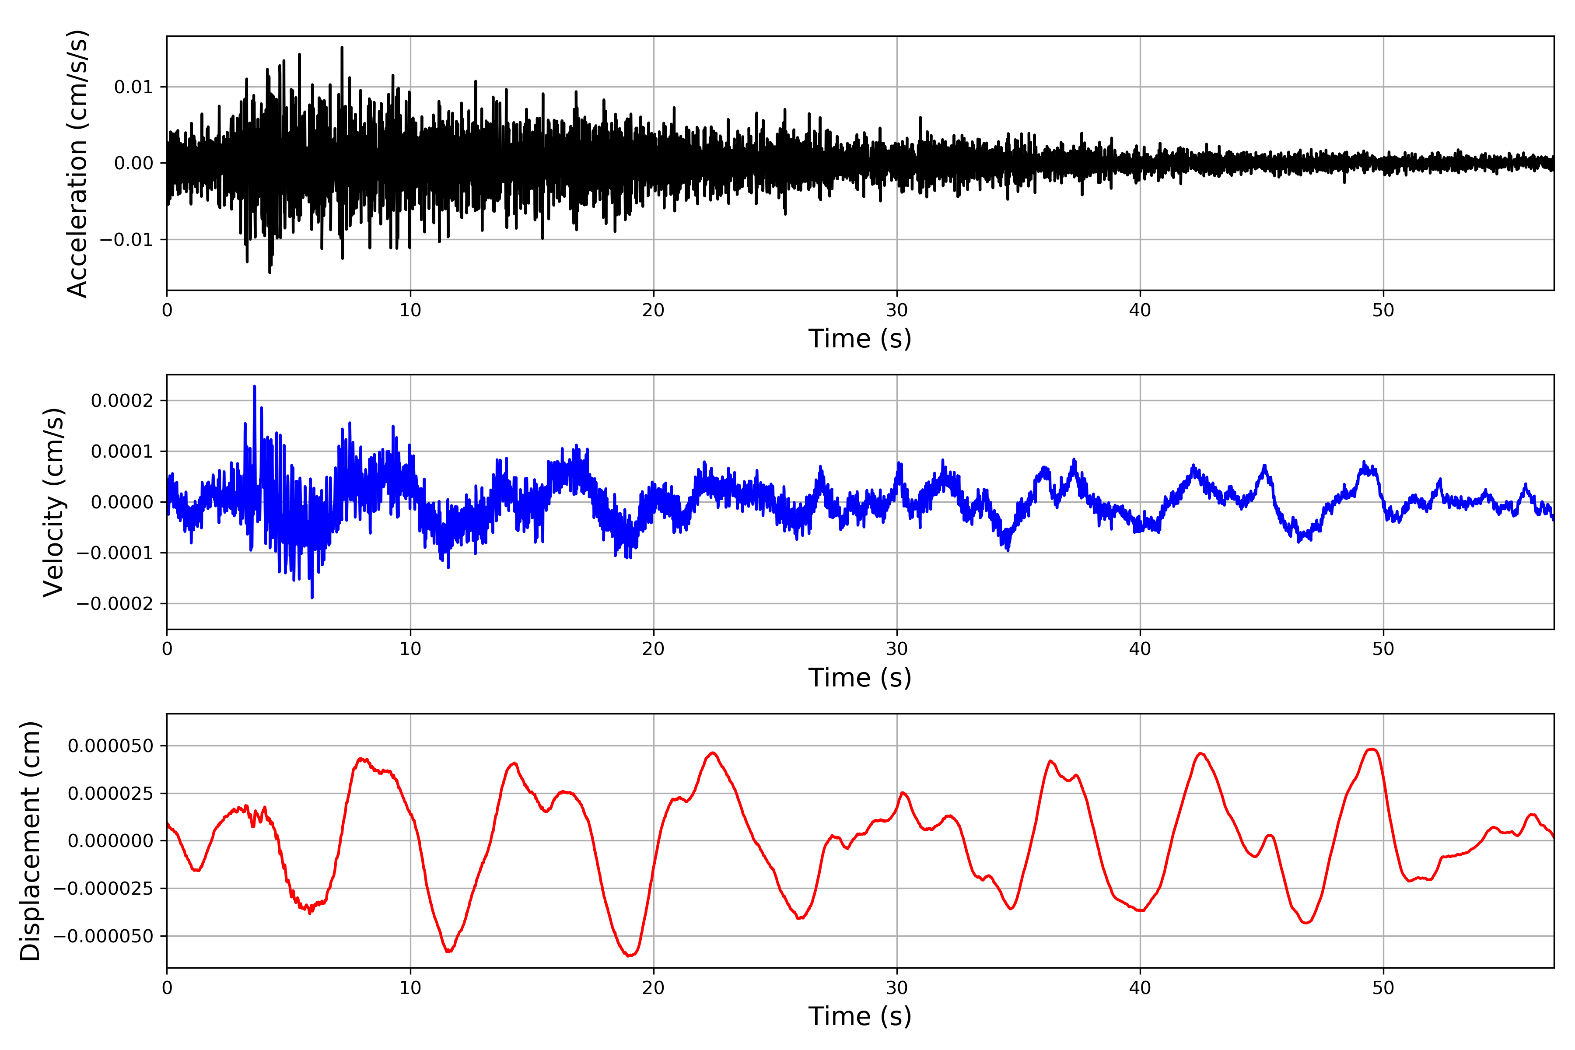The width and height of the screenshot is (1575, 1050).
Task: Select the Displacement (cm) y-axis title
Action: click(30, 841)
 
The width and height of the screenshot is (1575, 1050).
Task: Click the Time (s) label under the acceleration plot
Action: click(860, 339)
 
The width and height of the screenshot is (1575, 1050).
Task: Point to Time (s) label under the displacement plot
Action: click(860, 1016)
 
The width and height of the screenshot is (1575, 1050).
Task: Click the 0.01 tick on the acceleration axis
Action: click(133, 87)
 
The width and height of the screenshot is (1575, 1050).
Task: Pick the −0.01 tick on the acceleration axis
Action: click(126, 240)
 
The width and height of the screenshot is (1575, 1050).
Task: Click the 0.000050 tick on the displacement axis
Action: click(111, 746)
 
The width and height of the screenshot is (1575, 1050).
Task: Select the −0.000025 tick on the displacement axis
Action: click(103, 889)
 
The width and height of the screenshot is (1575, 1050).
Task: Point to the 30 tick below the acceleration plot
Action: click(896, 311)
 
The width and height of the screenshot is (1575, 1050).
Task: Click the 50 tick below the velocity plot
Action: click(1383, 649)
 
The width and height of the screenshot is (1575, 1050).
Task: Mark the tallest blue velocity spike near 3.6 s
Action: click(255, 386)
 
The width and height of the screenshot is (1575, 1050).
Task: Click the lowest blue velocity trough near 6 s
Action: click(312, 597)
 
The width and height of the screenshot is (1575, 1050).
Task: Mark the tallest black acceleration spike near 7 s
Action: click(342, 48)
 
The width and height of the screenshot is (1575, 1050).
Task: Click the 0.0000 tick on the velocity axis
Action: click(122, 502)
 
